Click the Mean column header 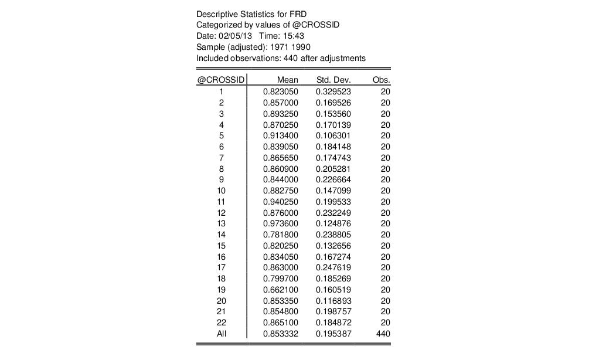(x=288, y=80)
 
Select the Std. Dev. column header (x=333, y=80)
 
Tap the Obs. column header (x=382, y=80)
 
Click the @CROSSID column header (x=221, y=80)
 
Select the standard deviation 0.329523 (x=333, y=91)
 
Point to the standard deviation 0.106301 (x=333, y=135)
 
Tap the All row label (x=222, y=334)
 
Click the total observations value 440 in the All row (x=383, y=334)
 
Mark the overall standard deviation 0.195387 (x=333, y=334)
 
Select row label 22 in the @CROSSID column (x=222, y=322)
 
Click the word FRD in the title (x=298, y=13)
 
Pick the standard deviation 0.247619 (x=333, y=267)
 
